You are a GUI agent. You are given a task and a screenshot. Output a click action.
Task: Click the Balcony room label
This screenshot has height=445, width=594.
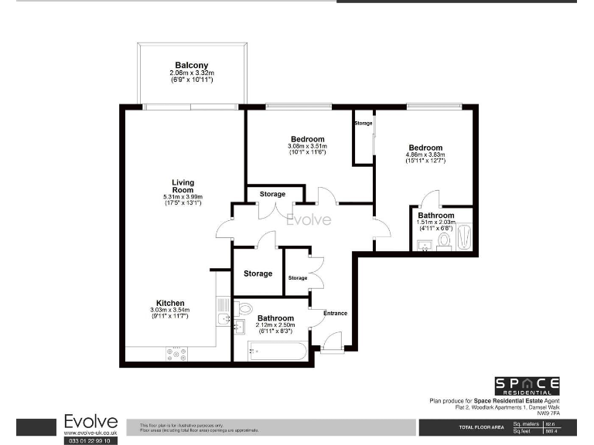pos(191,65)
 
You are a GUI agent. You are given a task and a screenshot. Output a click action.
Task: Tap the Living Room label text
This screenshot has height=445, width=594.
pos(183,186)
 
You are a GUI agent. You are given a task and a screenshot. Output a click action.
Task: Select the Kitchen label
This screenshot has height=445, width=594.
pos(169,302)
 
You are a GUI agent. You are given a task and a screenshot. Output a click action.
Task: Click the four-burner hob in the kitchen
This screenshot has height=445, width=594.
pos(176,354)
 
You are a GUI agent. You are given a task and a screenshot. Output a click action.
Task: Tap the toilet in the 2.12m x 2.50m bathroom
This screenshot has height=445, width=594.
pos(244,308)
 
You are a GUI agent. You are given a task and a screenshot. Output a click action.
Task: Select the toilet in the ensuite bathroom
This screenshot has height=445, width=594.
pos(444,240)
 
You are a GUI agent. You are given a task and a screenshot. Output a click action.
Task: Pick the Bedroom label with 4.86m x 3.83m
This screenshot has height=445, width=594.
pos(425,148)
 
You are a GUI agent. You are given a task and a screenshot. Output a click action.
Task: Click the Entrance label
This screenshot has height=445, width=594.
pos(335,313)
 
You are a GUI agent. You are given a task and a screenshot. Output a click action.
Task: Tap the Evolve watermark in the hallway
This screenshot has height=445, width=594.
pos(309,220)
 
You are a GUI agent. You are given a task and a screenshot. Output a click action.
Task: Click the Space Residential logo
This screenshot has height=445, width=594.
pos(527,386)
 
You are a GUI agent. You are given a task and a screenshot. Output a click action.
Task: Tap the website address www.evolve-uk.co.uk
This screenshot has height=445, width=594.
pos(90,433)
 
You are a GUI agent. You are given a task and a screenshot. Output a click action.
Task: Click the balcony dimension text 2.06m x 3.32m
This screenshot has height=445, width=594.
pos(191,73)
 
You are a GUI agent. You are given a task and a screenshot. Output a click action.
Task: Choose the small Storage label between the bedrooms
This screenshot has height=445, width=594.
pos(363,124)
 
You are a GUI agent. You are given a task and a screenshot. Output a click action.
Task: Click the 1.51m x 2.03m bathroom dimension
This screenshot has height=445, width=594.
pos(437,222)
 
